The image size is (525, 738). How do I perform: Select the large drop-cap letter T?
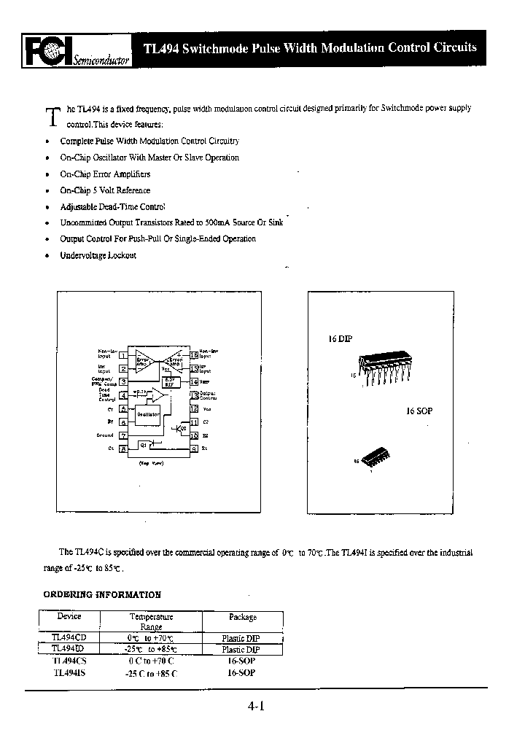52,117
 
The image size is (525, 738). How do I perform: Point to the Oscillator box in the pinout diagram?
149,413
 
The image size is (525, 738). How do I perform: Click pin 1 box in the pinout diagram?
123,355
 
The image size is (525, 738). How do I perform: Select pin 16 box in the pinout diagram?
194,355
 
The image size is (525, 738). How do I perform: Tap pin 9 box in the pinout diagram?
194,448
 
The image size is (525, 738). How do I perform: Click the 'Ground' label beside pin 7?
105,435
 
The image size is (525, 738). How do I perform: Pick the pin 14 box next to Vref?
194,381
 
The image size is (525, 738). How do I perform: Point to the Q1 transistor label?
144,443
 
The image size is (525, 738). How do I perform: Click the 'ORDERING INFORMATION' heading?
102,594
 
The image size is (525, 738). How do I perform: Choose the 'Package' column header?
243,617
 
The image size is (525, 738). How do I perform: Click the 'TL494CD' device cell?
69,637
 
